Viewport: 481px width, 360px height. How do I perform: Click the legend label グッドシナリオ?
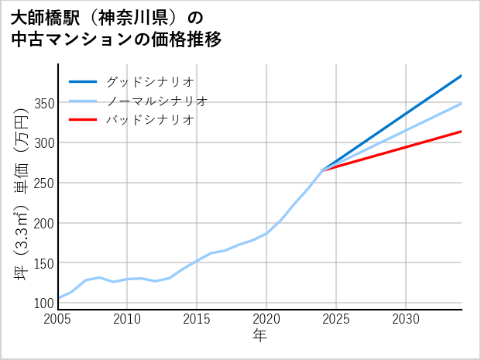pos(149,81)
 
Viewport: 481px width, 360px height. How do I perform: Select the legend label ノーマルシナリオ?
pos(156,101)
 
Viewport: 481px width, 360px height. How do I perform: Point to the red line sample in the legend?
pos(83,120)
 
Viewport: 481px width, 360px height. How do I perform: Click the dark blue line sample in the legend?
pos(83,81)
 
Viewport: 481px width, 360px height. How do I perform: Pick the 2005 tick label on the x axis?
pos(58,319)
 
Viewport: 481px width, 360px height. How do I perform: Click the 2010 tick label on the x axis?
pos(128,319)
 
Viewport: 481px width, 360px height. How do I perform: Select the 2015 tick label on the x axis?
pos(198,319)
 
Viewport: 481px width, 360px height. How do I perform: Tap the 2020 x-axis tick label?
pos(266,319)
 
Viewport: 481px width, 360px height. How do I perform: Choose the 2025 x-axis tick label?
pos(336,319)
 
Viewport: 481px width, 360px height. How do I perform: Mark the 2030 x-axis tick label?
pos(406,319)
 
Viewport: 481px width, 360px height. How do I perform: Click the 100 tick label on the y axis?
pos(44,303)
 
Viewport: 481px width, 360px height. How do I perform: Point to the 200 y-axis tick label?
pos(44,223)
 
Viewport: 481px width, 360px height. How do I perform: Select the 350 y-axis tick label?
pos(44,103)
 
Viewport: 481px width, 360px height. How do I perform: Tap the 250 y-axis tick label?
pos(44,183)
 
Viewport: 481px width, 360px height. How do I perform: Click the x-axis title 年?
pos(260,336)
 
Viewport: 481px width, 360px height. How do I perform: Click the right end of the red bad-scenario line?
pos(462,132)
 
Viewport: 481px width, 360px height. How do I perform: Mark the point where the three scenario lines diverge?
pos(322,170)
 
